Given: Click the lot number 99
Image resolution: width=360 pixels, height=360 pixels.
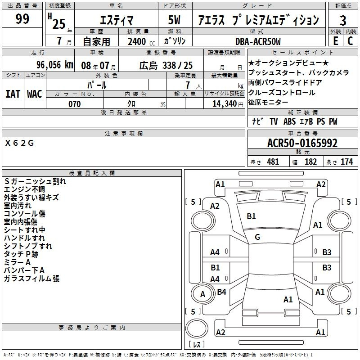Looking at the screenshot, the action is (22, 18).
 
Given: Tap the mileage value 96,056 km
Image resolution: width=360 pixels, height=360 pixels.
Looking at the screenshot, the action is (55, 65).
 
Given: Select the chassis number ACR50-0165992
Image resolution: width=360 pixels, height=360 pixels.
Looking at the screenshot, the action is (302, 143).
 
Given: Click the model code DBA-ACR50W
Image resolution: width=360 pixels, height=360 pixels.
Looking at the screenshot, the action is (258, 41).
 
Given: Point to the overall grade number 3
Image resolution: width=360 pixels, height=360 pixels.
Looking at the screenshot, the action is (343, 20).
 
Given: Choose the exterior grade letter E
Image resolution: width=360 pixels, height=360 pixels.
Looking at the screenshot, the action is (335, 41).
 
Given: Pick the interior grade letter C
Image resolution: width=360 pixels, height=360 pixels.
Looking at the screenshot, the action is (350, 41).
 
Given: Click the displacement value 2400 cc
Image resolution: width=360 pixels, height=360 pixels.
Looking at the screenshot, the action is (141, 41).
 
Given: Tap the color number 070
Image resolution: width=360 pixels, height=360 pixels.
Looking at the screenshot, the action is (74, 104).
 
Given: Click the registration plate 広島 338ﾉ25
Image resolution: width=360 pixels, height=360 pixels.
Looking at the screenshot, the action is (166, 65).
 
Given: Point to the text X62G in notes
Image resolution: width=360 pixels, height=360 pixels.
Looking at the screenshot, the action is (19, 143).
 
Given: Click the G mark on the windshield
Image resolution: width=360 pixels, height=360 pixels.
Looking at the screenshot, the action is (257, 237).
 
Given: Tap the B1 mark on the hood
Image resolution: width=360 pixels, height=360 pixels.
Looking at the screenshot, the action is (251, 216).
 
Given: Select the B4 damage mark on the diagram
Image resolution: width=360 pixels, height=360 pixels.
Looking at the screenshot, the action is (221, 292).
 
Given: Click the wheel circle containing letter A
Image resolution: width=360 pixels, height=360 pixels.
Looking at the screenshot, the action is (202, 294).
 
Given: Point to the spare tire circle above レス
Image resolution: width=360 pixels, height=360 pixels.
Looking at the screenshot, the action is (197, 328).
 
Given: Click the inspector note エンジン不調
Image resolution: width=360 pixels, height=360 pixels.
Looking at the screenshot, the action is (24, 189).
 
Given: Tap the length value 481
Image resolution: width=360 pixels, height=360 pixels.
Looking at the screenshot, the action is (273, 162).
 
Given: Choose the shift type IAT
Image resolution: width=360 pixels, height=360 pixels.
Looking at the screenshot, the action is (13, 94).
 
